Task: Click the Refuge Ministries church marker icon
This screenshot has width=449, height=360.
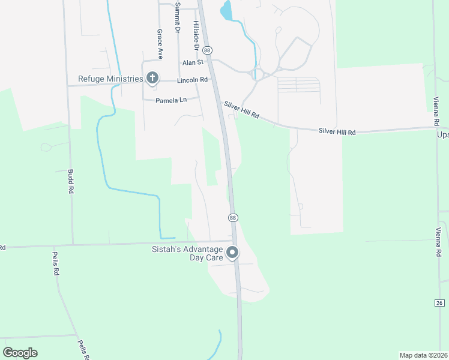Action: [x=152, y=78]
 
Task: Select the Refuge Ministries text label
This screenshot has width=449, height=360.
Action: [x=110, y=79]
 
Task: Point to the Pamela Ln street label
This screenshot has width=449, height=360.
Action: [x=171, y=100]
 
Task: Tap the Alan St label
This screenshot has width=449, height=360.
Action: [x=194, y=62]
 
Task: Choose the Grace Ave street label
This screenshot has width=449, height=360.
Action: [x=160, y=40]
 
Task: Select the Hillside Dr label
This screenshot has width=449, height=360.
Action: [x=196, y=34]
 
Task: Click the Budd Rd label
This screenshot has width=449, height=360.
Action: [x=71, y=181]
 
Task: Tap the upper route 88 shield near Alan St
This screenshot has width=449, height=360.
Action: [x=207, y=50]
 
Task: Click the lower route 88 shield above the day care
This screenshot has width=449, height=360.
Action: [x=233, y=217]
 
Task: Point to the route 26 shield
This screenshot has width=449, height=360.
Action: [x=439, y=303]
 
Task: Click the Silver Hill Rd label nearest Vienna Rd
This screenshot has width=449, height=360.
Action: [x=337, y=131]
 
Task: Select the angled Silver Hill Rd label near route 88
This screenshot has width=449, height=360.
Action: [x=241, y=110]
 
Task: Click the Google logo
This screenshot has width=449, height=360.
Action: [x=20, y=353]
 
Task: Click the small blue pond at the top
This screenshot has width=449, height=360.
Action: [x=226, y=10]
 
